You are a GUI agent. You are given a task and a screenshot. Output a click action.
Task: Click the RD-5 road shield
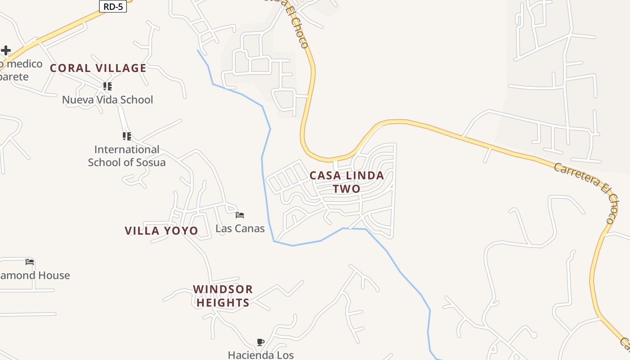pyautogui.click(x=113, y=6)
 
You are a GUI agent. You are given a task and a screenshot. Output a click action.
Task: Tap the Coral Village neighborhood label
pyautogui.click(x=98, y=68)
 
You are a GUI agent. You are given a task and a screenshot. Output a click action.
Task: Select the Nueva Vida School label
pyautogui.click(x=108, y=100)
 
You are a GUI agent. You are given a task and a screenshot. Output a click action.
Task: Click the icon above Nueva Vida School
pyautogui.click(x=107, y=86)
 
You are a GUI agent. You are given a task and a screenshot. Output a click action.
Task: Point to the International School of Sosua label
pyautogui.click(x=127, y=156)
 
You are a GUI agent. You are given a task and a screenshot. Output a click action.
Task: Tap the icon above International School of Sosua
pyautogui.click(x=127, y=136)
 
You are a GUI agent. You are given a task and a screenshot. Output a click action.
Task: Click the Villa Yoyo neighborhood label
pyautogui.click(x=161, y=231)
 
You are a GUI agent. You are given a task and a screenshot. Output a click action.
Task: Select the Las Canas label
pyautogui.click(x=240, y=229)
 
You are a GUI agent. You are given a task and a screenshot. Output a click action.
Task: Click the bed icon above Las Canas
pyautogui.click(x=240, y=215)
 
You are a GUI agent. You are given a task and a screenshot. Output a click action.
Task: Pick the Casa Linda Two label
pyautogui.click(x=347, y=182)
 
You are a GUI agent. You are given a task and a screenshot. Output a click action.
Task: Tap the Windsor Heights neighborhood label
pyautogui.click(x=223, y=296)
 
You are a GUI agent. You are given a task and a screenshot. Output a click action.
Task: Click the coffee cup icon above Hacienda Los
pyautogui.click(x=261, y=342)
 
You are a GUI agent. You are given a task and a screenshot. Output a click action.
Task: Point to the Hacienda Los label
pyautogui.click(x=261, y=355)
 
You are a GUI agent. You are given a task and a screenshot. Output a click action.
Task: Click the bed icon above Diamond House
pyautogui.click(x=30, y=261)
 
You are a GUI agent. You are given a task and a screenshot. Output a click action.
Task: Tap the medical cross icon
pyautogui.click(x=5, y=50)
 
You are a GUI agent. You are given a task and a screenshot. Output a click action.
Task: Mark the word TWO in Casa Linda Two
pyautogui.click(x=347, y=189)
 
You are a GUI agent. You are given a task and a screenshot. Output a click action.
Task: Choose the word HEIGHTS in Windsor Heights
pyautogui.click(x=223, y=303)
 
